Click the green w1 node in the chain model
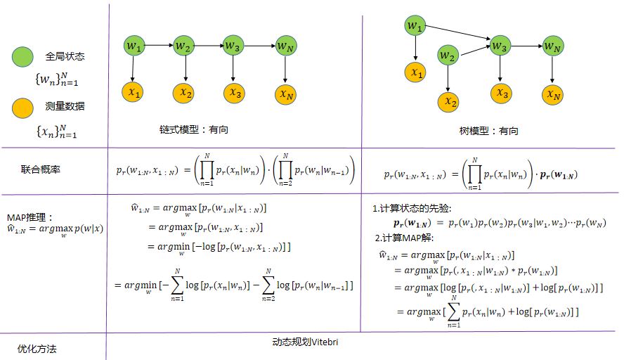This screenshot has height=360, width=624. [x=134, y=46]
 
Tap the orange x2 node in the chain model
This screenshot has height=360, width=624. [x=185, y=91]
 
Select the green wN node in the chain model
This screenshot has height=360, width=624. [x=284, y=46]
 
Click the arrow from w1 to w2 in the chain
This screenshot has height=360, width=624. [x=159, y=46]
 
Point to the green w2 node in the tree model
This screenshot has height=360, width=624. [x=450, y=56]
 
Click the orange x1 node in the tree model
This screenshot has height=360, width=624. [x=417, y=72]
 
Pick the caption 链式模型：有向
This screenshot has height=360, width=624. [x=194, y=129]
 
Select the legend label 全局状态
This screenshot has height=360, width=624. [x=64, y=56]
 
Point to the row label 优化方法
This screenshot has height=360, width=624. [x=36, y=348]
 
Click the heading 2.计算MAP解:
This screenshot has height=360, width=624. [x=405, y=237]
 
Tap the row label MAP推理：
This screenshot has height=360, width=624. [x=29, y=217]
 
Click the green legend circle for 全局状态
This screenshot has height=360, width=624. [x=22, y=56]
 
